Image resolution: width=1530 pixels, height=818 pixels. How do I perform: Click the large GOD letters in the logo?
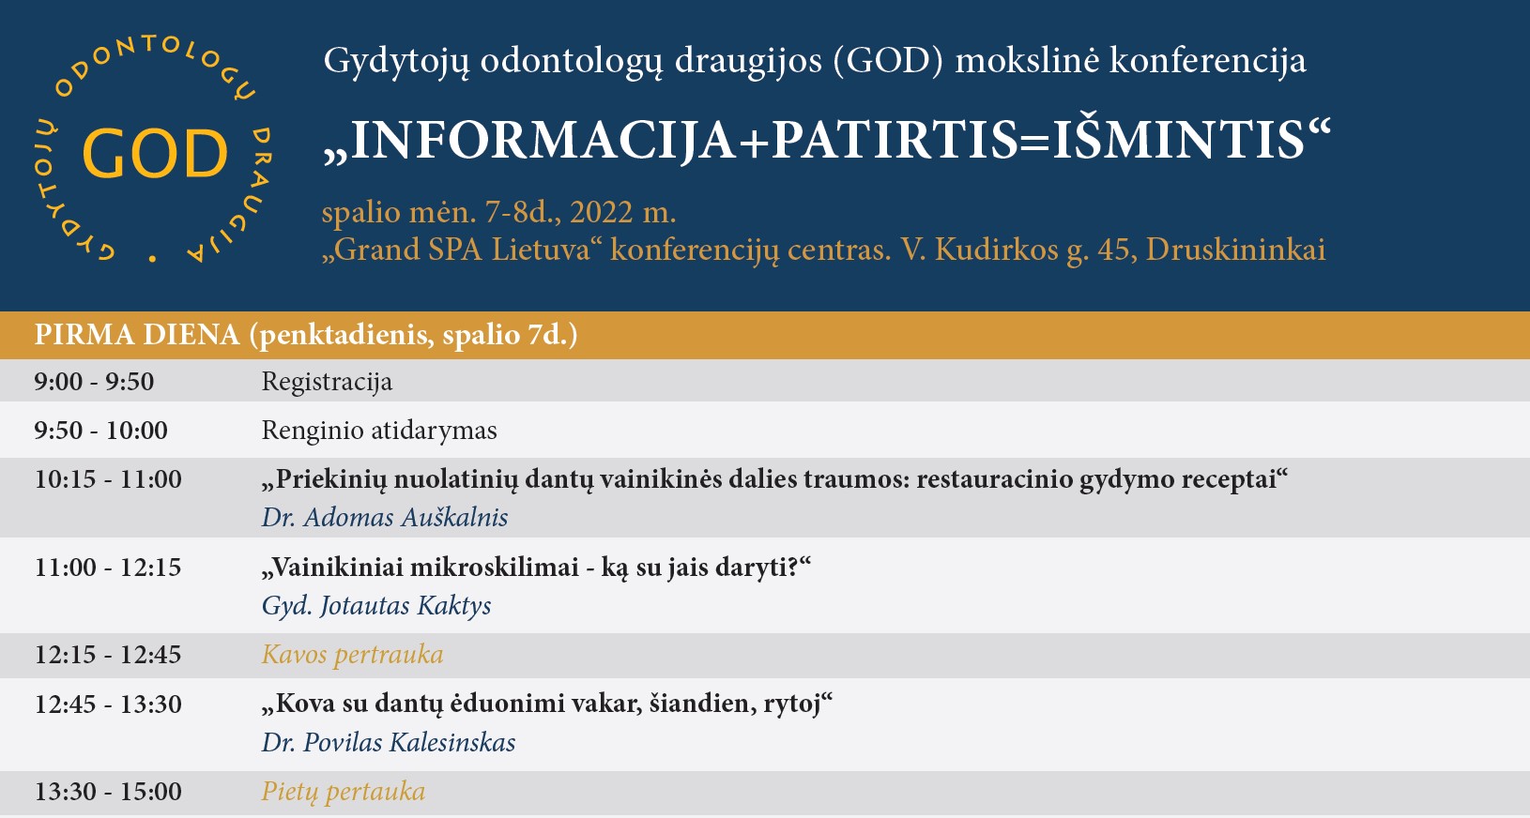pos(155,153)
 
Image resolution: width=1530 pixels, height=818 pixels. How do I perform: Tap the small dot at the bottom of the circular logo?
pos(152,258)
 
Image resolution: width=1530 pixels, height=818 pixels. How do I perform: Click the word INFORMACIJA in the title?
pos(543,141)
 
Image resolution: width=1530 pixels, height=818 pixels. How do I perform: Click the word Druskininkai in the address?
pos(1235,250)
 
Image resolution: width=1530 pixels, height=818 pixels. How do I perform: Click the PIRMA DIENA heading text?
pos(137,335)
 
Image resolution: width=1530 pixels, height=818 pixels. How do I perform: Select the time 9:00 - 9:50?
pos(94,381)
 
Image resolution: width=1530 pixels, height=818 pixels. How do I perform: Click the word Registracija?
pos(328,383)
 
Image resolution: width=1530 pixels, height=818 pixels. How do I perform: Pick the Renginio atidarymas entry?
pos(379,431)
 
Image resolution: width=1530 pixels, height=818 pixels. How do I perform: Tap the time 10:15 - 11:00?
pos(108,478)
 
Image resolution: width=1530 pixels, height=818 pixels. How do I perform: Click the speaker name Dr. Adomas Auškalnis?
pos(385,517)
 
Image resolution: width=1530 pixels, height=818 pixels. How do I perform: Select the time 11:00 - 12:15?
pos(108,567)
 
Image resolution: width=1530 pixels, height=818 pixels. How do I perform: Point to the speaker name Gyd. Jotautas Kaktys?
pos(376,606)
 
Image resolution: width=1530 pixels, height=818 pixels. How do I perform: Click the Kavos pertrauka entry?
pos(352,655)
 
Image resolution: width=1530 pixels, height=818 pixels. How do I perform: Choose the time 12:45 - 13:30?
pos(108,704)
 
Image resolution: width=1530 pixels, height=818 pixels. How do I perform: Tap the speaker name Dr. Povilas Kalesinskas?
pos(389,742)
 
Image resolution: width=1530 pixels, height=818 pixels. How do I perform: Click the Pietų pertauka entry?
pos(344,792)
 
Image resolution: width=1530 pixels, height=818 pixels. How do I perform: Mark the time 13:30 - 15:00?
pos(108,792)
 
